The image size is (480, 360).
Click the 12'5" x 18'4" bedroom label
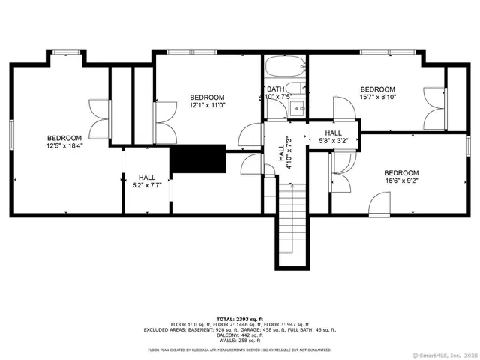coord(64,142)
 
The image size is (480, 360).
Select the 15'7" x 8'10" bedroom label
coord(377,92)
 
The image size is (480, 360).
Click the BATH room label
coord(274,93)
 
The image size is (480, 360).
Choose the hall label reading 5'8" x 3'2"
coord(333,136)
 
